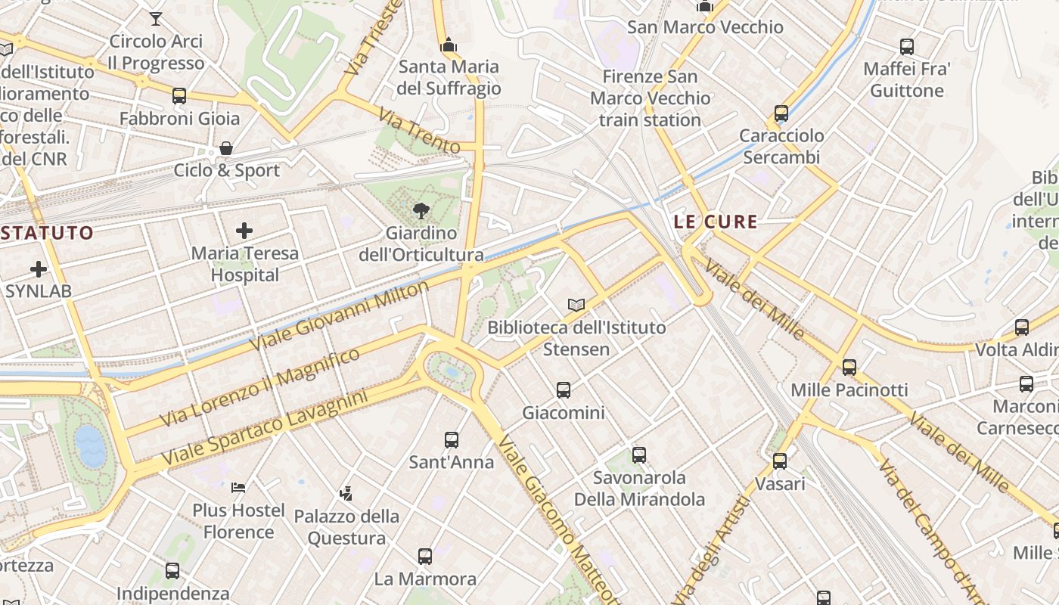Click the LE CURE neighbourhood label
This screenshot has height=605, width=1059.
click(x=715, y=222)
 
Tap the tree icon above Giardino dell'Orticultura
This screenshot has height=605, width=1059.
click(x=421, y=211)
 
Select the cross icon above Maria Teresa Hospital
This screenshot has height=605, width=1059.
click(x=244, y=231)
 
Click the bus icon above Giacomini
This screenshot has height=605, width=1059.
click(x=564, y=390)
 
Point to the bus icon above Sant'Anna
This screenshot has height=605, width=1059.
click(x=452, y=439)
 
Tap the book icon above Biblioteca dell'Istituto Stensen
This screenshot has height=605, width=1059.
click(x=576, y=305)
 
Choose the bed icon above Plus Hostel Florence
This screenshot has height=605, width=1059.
click(x=238, y=488)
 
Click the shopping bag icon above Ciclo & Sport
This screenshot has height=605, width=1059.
click(x=225, y=148)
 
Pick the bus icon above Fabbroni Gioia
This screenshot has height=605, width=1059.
click(x=179, y=96)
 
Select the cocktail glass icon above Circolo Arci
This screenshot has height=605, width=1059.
click(x=156, y=18)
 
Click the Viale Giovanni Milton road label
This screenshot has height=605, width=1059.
click(x=339, y=315)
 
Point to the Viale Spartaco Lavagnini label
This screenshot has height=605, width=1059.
click(x=264, y=428)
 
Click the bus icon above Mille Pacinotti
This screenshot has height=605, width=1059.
click(x=849, y=368)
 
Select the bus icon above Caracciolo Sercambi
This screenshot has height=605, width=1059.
click(x=781, y=113)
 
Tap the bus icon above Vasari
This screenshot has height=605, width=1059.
click(x=780, y=461)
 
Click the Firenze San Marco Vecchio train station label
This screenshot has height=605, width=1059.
click(x=650, y=98)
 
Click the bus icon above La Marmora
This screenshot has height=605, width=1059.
click(x=425, y=557)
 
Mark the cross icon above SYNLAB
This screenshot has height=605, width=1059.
click(x=38, y=268)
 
